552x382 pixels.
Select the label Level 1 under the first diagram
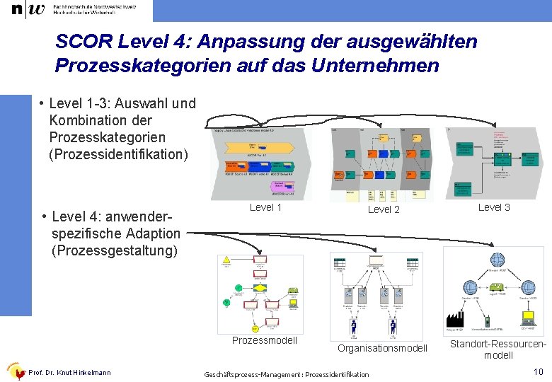click(265, 207)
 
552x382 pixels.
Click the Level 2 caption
click(384, 209)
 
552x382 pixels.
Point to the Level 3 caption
click(494, 207)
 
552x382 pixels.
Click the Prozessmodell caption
click(265, 340)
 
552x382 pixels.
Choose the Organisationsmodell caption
click(382, 348)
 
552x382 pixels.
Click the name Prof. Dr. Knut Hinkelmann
click(69, 373)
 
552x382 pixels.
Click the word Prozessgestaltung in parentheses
click(113, 250)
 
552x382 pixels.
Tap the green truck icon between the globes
click(498, 289)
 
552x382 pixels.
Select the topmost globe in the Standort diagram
click(498, 260)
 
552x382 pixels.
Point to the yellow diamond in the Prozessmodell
click(260, 289)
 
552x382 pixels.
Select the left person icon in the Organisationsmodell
click(353, 325)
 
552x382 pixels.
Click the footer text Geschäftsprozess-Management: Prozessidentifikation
click(286, 374)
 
